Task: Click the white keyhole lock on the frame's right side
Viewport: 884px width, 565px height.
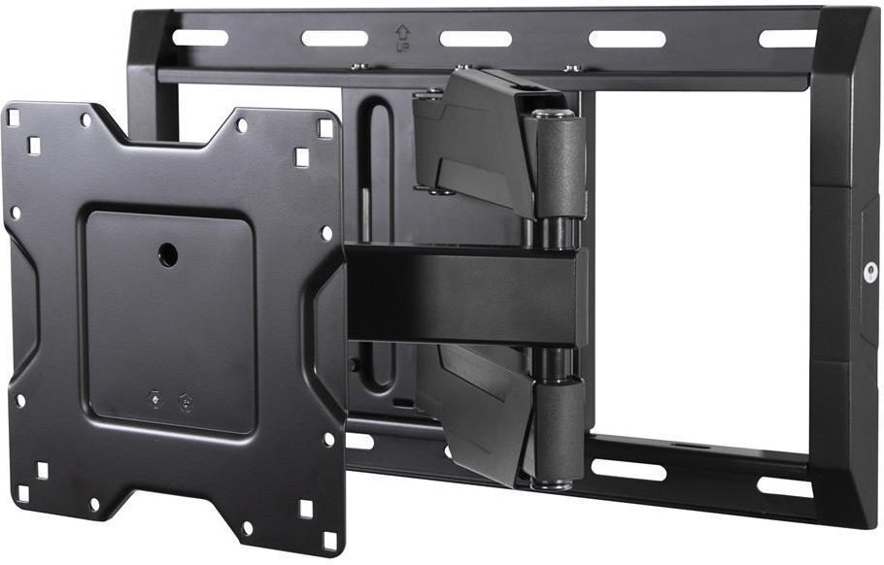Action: tap(869, 274)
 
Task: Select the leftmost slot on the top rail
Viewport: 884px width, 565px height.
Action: tap(200, 38)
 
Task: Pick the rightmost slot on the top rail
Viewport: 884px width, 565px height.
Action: tap(787, 38)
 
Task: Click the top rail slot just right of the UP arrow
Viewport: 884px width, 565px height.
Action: tap(475, 39)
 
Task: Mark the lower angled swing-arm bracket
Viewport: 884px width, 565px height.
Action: tap(476, 408)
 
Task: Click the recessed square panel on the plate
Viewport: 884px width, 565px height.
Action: tap(170, 320)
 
